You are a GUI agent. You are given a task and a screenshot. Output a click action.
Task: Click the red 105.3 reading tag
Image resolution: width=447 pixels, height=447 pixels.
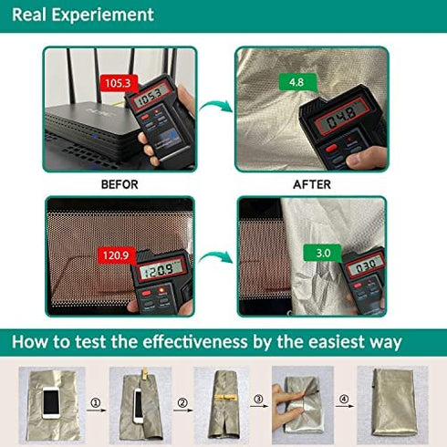click(x=119, y=83)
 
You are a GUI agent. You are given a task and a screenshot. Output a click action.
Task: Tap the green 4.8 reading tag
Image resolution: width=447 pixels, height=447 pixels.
click(x=297, y=82)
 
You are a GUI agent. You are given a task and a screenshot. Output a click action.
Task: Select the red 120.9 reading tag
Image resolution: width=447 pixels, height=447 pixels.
click(x=117, y=255)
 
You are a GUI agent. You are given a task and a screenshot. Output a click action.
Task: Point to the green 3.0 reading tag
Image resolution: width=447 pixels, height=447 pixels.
click(x=323, y=253)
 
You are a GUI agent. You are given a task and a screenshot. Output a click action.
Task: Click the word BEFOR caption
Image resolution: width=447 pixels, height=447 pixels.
click(x=120, y=184)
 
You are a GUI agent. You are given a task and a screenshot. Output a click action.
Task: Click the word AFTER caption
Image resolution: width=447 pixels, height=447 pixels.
click(x=312, y=184)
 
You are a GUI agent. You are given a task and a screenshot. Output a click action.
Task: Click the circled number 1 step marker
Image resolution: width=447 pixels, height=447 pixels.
click(x=96, y=403)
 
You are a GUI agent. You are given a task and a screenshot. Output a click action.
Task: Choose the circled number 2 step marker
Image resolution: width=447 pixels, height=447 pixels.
click(x=182, y=403)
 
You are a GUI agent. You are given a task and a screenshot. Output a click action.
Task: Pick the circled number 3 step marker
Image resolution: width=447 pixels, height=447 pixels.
click(x=258, y=399)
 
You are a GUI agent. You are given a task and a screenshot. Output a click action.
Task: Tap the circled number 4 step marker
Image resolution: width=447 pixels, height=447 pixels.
click(x=344, y=399)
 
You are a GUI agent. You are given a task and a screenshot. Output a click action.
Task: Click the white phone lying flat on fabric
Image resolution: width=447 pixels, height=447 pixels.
click(x=51, y=402)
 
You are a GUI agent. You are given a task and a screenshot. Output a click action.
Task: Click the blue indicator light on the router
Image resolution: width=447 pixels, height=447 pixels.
click(x=95, y=136)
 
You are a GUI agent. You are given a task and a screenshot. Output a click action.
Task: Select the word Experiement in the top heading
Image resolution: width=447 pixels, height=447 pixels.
click(x=102, y=16)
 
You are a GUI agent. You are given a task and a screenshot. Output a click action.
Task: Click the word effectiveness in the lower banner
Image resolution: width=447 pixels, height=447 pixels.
click(x=195, y=342)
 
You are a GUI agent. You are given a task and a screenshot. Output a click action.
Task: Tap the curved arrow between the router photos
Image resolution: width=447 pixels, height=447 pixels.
click(x=215, y=107)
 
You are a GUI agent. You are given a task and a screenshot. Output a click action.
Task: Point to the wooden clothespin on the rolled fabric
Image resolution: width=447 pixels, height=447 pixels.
click(x=225, y=397)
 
